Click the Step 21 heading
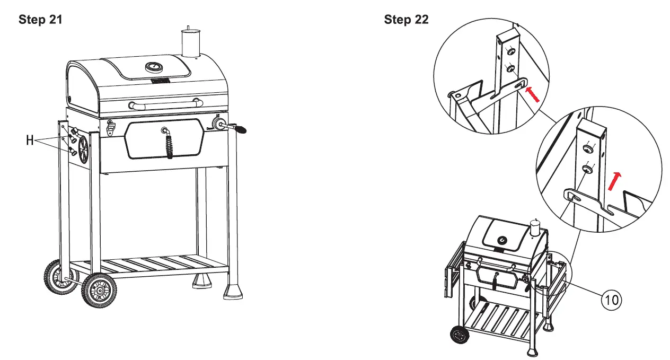[40, 20]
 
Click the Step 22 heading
[406, 20]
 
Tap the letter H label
[31, 141]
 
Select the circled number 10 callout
[611, 300]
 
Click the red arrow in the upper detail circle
[533, 95]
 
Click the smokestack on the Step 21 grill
[189, 42]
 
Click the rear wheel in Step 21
[56, 276]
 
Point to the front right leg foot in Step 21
[232, 292]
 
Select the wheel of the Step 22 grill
[459, 336]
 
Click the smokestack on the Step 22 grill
[536, 229]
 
